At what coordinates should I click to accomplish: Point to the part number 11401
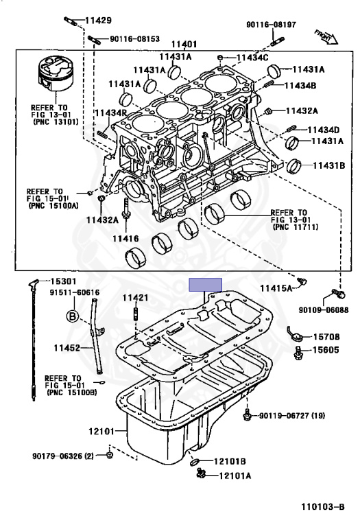(x=184, y=43)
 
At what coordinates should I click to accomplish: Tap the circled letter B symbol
(x=72, y=316)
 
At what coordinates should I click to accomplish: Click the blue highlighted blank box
(x=206, y=285)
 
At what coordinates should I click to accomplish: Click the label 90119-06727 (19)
(x=291, y=416)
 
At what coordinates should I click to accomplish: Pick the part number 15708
(x=326, y=337)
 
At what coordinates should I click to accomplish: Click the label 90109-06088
(x=323, y=309)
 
